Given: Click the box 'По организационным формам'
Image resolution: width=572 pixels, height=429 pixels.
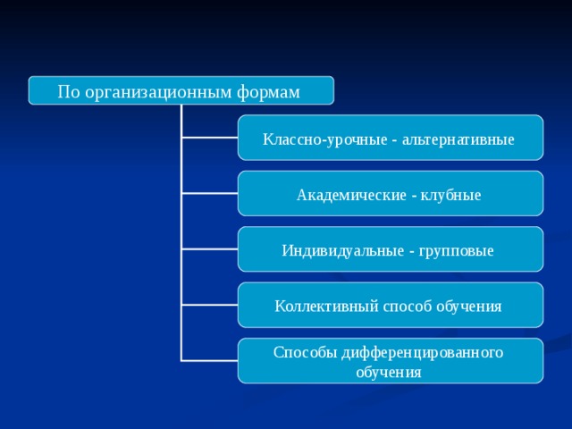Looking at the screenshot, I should pos(181,90).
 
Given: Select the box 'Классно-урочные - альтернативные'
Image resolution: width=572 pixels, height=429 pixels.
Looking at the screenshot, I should pos(390,139).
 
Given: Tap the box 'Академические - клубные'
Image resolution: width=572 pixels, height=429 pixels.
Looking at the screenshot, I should pos(390,194).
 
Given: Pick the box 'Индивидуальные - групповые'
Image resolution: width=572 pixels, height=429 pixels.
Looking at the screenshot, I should pos(390,249).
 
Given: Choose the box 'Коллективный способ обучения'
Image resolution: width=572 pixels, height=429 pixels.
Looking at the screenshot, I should pos(390,306).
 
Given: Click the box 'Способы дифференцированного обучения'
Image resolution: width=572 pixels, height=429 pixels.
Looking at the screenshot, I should pos(390,361).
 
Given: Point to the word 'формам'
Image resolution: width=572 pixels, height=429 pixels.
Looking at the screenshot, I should pos(269,92).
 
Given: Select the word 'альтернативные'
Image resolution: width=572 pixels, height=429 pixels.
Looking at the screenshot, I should pos(458,140).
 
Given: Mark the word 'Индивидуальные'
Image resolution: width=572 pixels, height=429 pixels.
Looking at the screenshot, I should pos(341,251).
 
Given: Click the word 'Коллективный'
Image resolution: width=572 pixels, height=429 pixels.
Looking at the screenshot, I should pos(315,307).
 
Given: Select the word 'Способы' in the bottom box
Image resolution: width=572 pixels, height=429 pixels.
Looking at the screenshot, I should pos(305,353).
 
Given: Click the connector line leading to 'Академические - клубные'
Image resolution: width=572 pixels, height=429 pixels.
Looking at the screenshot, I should pos(209,193).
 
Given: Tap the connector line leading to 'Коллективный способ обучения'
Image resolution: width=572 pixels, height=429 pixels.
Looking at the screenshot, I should pos(209,305).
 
